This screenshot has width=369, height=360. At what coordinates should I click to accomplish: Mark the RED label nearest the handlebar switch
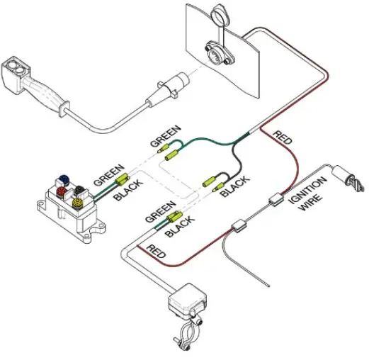157,251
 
